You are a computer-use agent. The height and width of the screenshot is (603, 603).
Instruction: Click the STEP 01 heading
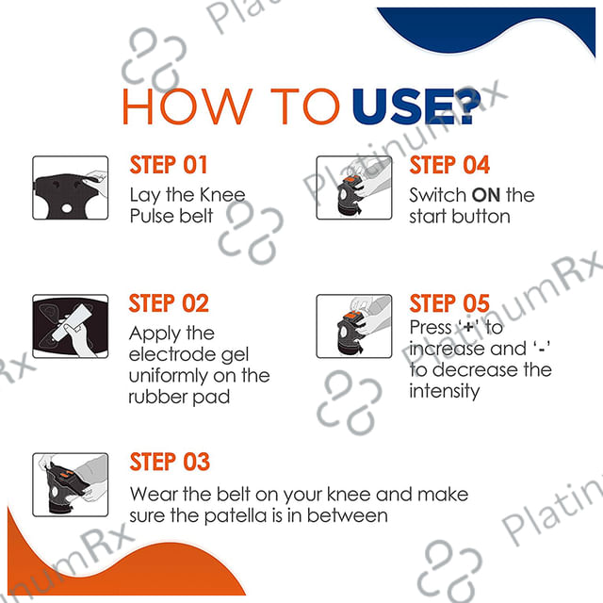tap(169, 165)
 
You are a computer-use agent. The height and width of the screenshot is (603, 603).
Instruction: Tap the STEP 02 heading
tap(169, 303)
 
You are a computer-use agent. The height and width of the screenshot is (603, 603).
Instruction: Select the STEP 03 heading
tap(170, 462)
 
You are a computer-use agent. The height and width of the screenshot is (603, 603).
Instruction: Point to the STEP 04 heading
tap(449, 165)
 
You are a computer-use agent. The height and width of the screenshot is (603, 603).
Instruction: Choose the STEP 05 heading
tap(449, 303)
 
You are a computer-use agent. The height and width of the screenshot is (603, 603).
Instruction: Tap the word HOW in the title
tap(187, 106)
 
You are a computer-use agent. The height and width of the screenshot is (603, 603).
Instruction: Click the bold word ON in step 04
tap(486, 195)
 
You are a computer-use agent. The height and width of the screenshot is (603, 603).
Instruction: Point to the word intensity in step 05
tap(444, 392)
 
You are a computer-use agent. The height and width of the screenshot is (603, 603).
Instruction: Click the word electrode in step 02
tap(173, 354)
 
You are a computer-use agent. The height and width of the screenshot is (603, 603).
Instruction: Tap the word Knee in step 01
tap(222, 195)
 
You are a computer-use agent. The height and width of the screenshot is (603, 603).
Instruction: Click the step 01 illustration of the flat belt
tap(71, 187)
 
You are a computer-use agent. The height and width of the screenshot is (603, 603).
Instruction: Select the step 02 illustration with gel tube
tap(71, 327)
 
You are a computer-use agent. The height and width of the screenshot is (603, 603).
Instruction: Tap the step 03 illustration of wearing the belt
tap(71, 484)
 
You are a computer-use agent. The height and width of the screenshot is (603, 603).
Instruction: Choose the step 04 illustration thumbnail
tap(354, 187)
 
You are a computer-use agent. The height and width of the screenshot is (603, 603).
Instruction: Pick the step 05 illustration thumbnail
tap(354, 327)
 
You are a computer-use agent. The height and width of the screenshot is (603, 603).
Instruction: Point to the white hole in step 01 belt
tap(67, 208)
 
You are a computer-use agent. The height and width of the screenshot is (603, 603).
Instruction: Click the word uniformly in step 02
tap(168, 376)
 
